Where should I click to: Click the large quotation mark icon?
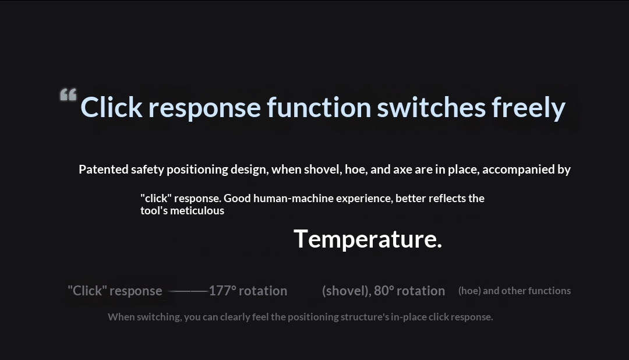(68, 95)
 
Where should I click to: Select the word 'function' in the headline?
(319, 107)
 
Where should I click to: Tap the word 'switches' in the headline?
(431, 107)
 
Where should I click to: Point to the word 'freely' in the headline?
(528, 108)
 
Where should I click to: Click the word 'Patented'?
(104, 170)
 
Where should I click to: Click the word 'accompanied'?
(518, 170)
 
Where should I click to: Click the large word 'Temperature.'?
(367, 239)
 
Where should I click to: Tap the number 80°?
(384, 291)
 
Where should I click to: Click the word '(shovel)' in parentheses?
(347, 291)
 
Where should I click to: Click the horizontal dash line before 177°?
(188, 291)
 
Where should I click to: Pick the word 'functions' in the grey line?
(550, 291)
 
